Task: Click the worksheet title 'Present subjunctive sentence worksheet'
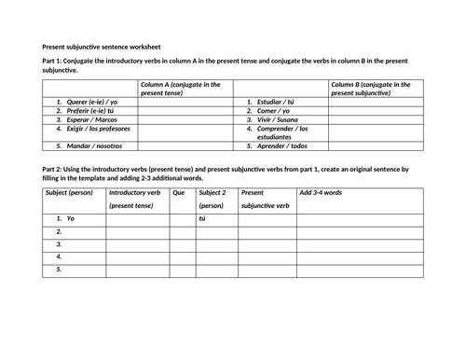click(102, 45)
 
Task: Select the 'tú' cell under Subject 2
click(202, 217)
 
